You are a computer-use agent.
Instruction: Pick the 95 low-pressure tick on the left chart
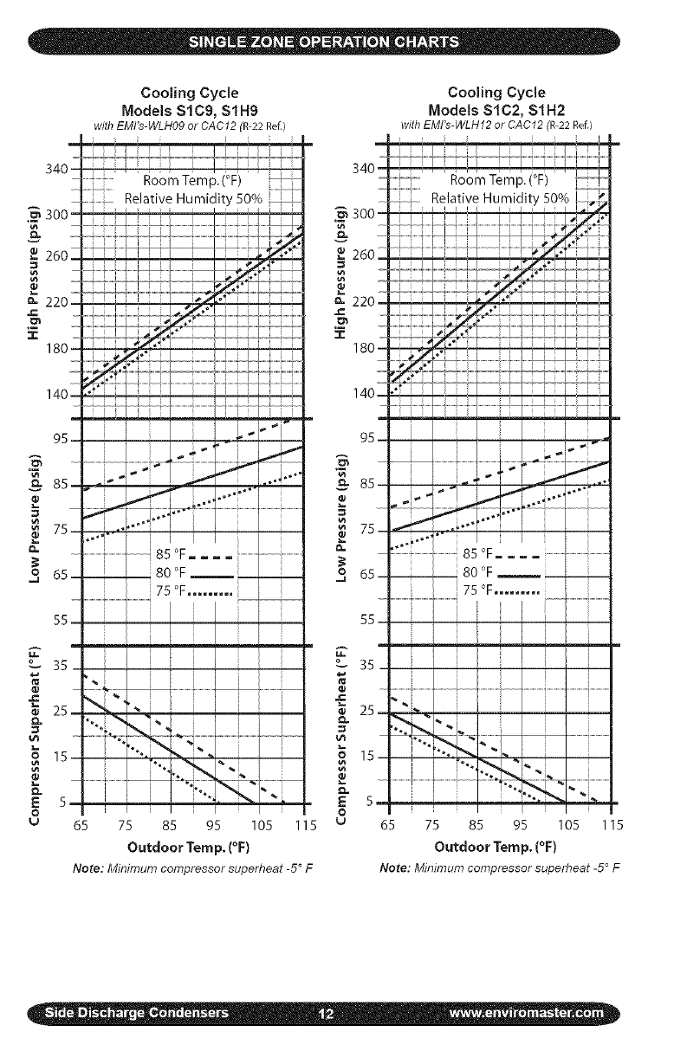pyautogui.click(x=60, y=440)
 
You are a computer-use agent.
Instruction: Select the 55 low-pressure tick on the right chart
pyautogui.click(x=368, y=622)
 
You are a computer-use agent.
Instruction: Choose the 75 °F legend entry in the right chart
pyautogui.click(x=500, y=591)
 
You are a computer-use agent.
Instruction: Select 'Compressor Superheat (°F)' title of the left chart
pyautogui.click(x=35, y=732)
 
